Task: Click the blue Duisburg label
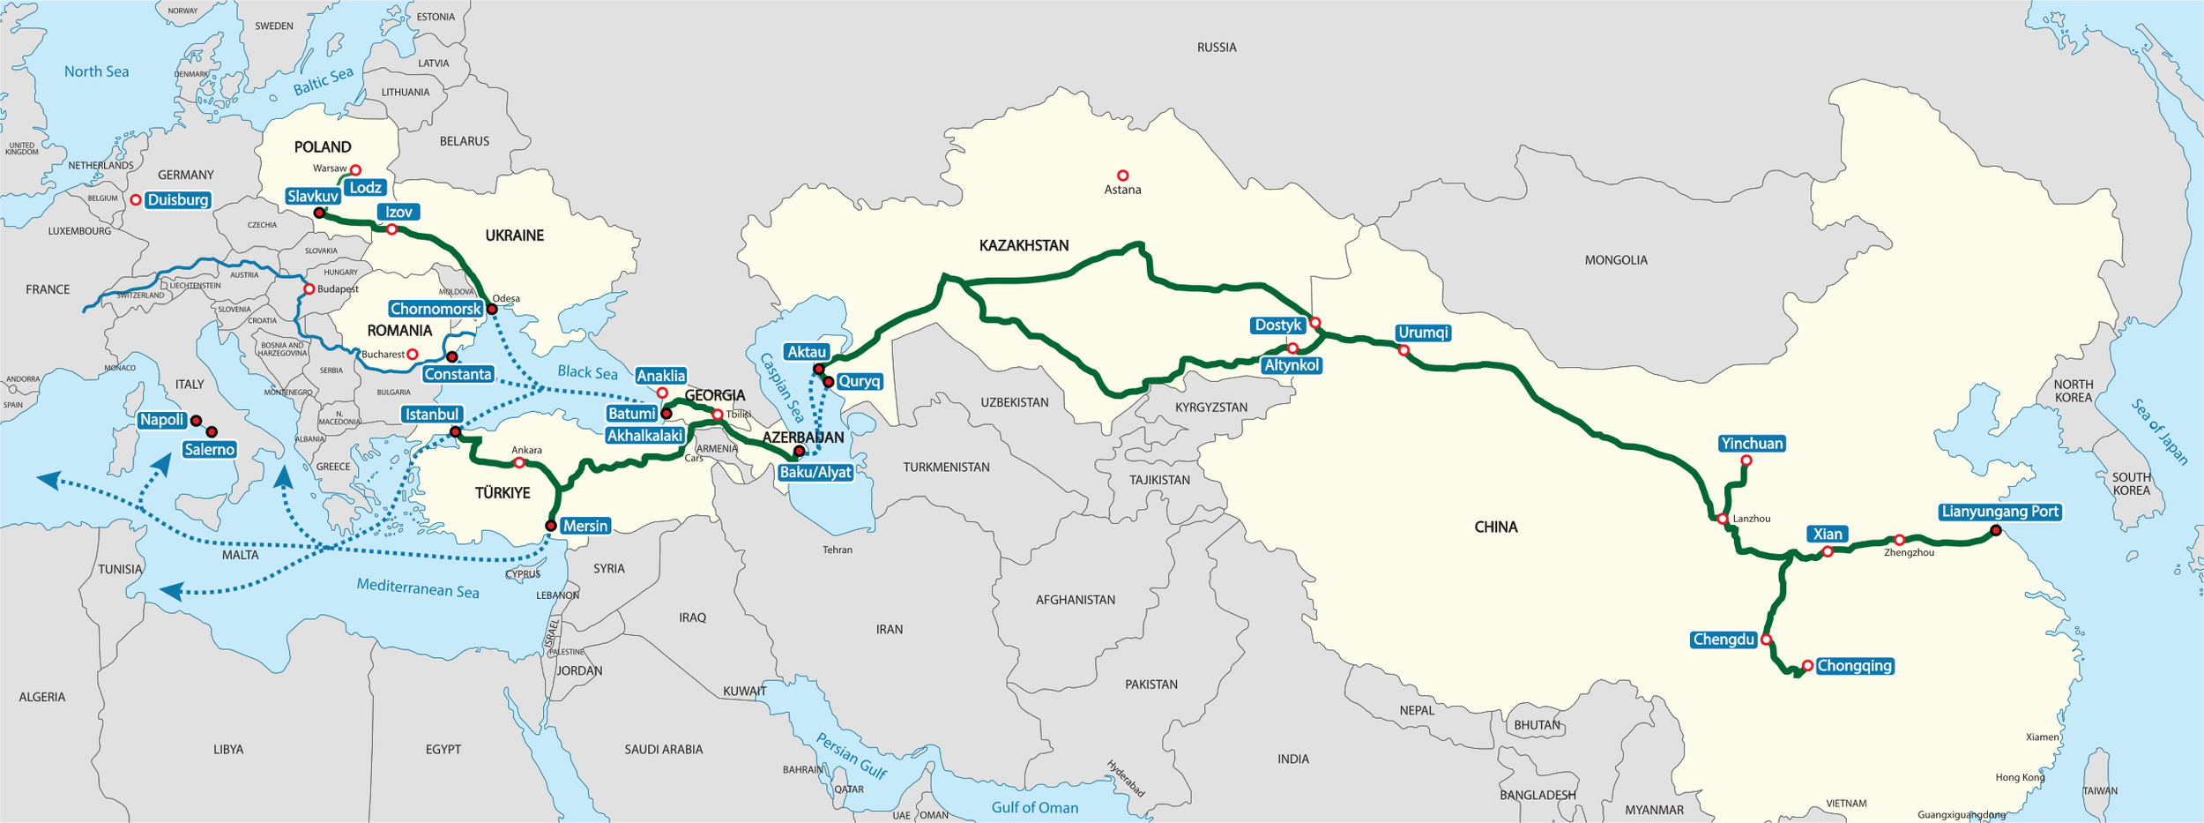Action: coord(178,200)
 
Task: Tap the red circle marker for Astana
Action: coord(1122,176)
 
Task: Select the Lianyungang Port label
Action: coord(1999,512)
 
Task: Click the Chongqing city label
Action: coord(1854,666)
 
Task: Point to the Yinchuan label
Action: coord(1752,444)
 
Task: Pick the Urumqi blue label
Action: coord(1423,333)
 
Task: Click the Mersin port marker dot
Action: coord(551,526)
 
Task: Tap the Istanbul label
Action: coord(432,415)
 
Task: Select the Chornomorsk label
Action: coord(436,309)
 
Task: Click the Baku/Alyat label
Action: coord(815,472)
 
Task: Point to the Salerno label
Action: coord(210,450)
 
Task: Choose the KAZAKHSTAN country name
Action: coord(1024,246)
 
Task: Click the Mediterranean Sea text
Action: coord(418,587)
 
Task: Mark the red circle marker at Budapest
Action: coord(309,289)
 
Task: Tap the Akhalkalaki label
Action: coord(645,436)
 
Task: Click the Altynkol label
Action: coord(1292,365)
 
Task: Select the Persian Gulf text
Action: coord(851,756)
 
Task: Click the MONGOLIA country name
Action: coord(1616,260)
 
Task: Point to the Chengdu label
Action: coord(1724,640)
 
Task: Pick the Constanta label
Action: coord(458,374)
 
